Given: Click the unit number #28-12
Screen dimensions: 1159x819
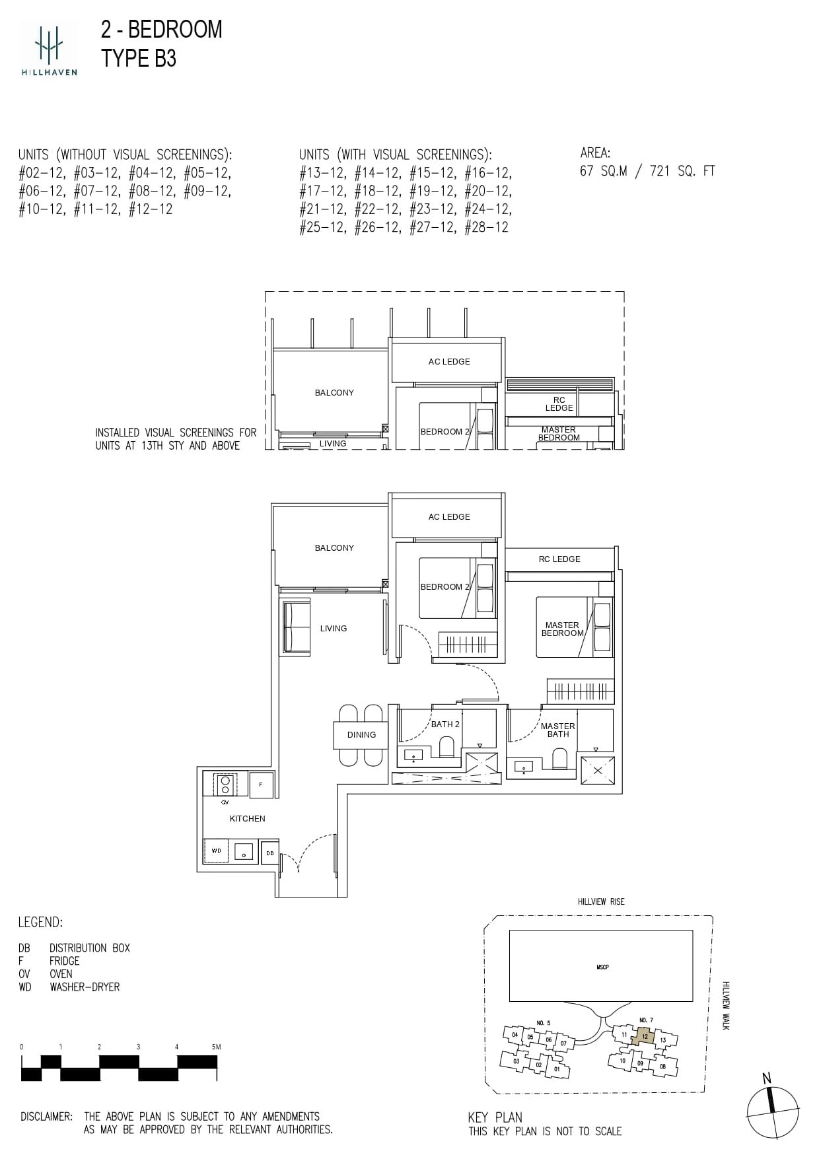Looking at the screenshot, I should pos(486,227).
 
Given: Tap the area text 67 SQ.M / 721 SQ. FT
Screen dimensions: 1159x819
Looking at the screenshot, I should pos(647,171).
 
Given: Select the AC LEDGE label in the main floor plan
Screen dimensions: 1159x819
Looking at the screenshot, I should pos(449,517).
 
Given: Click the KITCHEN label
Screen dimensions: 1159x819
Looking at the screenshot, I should pos(247,819).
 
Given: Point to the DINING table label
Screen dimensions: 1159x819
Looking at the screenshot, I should pos(361,735).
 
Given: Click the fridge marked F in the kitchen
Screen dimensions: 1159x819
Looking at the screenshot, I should pos(261,785).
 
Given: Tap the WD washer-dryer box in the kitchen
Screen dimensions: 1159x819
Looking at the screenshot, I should pos(217,851).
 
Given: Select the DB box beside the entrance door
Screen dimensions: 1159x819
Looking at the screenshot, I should pos(269,853).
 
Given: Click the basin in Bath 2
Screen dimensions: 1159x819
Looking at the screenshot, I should pos(414,755).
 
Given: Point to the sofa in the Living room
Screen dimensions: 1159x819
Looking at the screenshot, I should pos(297,627).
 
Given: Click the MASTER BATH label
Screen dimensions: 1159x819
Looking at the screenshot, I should pos(557,730).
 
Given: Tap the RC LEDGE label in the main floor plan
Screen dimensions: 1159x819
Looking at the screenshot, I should pos(559,559).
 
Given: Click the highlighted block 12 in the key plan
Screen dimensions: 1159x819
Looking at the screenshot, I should pos(644,1036).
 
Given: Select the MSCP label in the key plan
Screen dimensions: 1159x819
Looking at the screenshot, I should pos(602,967).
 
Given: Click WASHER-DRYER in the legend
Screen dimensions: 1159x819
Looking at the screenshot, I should pos(85,987).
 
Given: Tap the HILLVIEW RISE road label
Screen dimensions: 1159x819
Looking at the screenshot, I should pos(600,901).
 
